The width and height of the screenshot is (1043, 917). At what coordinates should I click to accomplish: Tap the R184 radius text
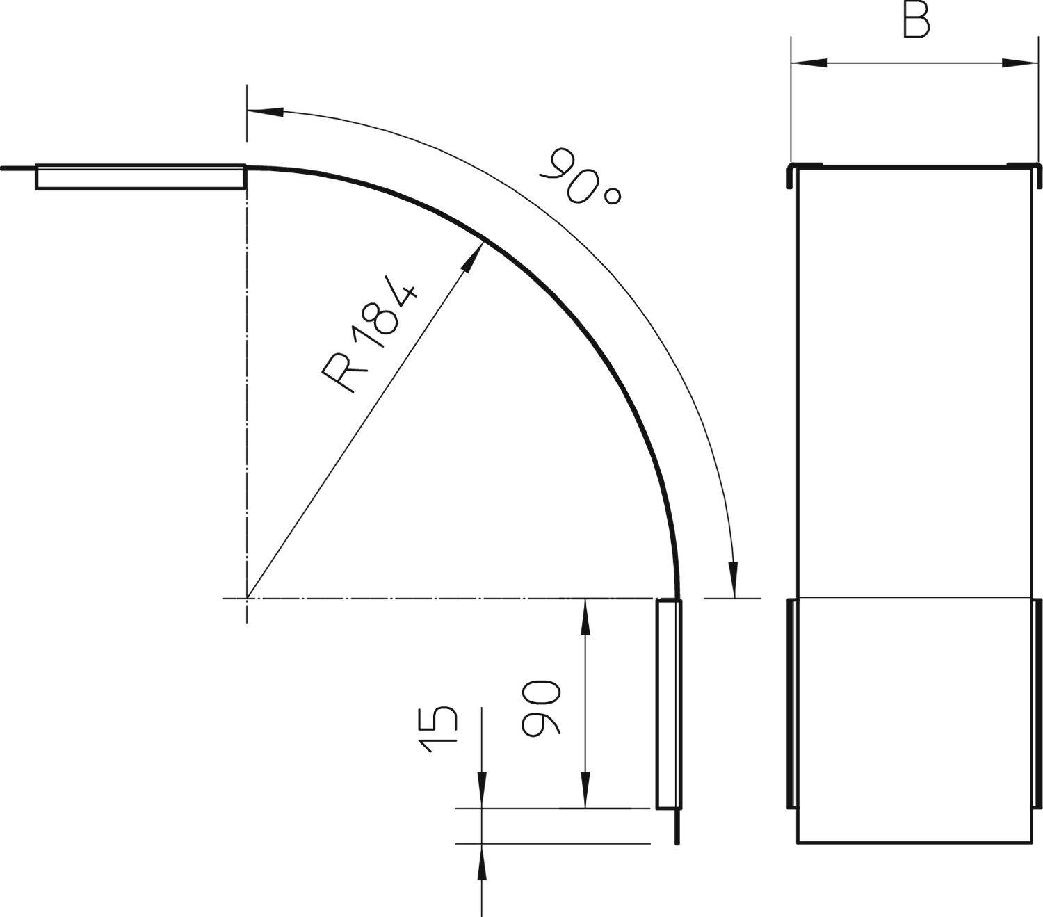370,337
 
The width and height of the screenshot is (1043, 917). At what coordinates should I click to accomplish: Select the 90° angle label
581,177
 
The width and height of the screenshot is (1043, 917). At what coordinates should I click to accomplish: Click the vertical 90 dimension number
541,708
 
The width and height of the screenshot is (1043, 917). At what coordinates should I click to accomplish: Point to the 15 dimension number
438,730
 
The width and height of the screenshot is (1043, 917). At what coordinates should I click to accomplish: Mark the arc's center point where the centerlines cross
247,598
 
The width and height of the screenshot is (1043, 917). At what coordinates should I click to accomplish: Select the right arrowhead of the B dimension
1018,63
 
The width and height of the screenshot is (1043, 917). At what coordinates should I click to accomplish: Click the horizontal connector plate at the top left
140,177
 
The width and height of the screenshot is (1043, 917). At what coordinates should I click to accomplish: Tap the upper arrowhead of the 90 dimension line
586,615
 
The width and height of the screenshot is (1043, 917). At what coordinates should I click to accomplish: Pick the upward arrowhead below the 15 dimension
481,861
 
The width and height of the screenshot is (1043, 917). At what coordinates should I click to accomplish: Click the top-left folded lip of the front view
791,175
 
